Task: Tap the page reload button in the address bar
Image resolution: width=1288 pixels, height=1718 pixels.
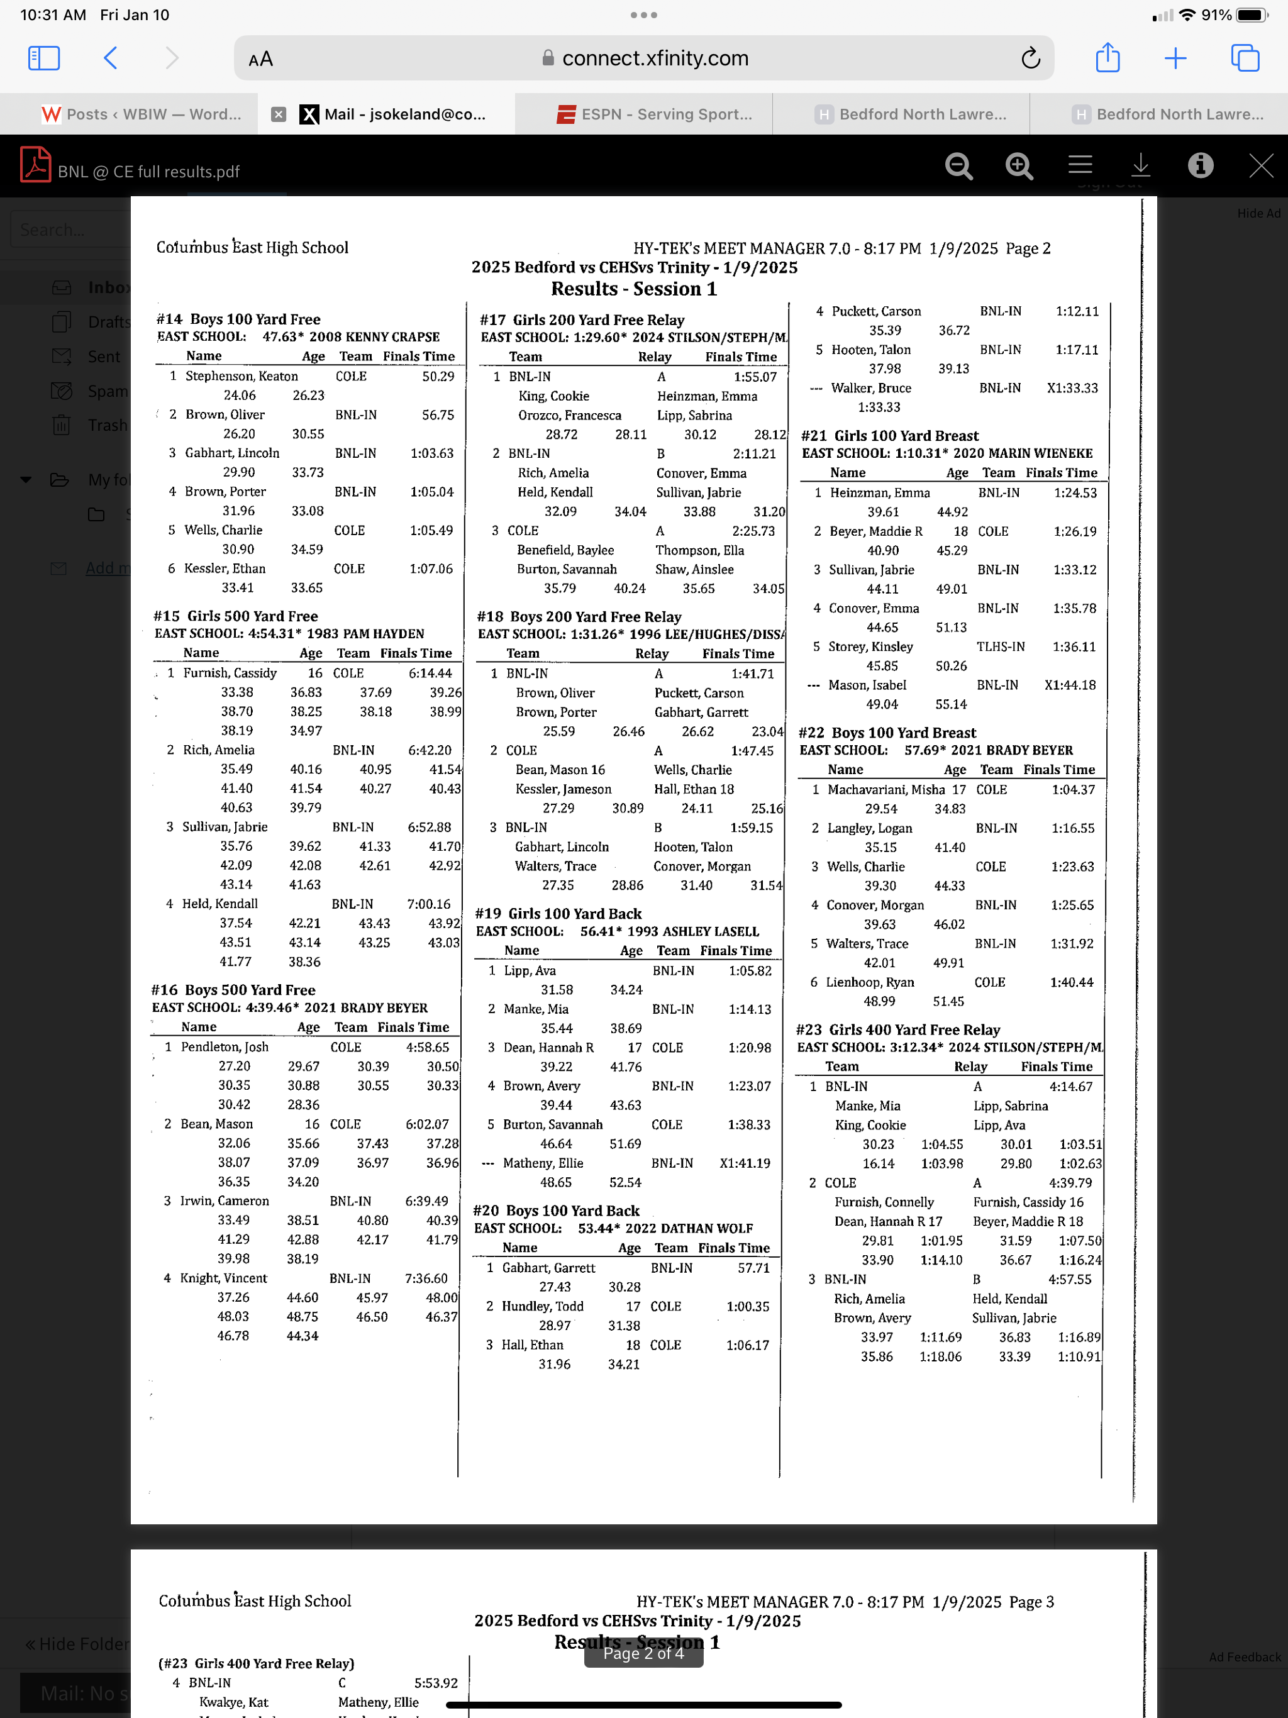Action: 1030,58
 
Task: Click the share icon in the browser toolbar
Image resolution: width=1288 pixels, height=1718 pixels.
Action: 1107,58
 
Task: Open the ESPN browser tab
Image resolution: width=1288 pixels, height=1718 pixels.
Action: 654,114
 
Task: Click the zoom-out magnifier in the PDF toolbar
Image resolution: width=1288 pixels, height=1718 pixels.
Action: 958,166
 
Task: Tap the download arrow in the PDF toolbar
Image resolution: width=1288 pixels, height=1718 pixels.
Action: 1140,165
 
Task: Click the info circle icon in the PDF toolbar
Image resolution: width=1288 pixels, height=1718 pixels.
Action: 1200,165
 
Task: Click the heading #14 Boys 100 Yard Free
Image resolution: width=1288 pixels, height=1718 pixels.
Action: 238,319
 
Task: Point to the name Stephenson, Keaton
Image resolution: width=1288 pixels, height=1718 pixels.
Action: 241,376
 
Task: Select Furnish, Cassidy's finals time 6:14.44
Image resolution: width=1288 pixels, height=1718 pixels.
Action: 430,673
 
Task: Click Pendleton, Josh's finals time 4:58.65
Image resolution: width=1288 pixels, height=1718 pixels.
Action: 427,1047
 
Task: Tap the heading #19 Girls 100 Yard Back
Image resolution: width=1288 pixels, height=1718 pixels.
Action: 558,913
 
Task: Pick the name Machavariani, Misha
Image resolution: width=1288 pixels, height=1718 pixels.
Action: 885,789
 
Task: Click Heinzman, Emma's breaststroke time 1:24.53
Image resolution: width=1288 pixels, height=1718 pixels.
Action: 1075,492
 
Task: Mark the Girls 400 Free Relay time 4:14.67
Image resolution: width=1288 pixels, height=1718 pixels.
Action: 1070,1087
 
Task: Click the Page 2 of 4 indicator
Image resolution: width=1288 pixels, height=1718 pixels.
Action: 643,1653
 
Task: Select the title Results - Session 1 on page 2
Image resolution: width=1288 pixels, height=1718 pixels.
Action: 634,289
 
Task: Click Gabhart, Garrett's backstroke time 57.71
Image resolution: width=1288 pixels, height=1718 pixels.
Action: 753,1268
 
